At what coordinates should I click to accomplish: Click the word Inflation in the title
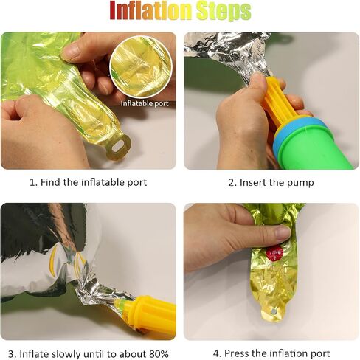click(150, 11)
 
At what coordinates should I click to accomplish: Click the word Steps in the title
click(224, 11)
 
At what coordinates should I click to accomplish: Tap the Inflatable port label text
click(145, 103)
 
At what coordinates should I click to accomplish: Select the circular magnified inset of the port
click(141, 66)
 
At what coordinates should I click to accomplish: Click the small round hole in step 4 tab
click(274, 312)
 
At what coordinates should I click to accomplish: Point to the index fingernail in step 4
click(283, 233)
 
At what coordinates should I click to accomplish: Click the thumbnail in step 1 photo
click(70, 51)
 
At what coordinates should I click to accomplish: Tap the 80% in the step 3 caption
click(159, 354)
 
